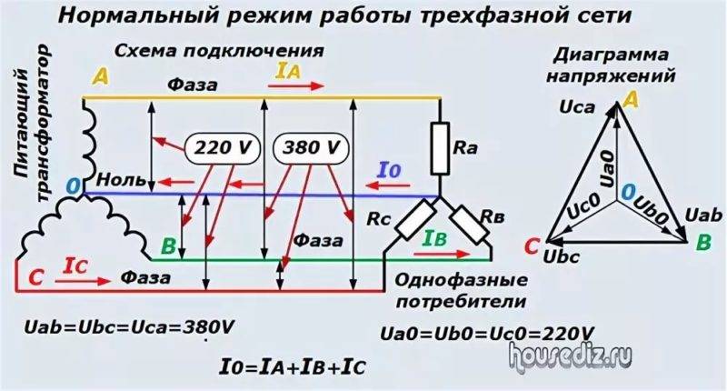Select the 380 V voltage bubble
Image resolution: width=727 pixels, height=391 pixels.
(x=311, y=146)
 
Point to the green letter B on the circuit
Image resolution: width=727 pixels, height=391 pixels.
(x=167, y=246)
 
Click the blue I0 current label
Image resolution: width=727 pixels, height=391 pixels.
(x=388, y=170)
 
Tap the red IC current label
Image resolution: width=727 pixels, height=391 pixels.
(x=75, y=265)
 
